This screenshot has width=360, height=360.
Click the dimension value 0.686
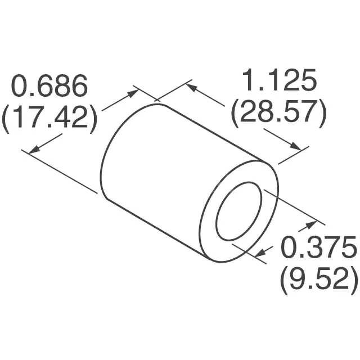(51, 87)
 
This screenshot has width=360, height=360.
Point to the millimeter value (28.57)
(278, 114)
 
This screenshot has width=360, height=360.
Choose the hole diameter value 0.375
(318, 247)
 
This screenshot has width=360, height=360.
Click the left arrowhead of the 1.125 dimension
(191, 88)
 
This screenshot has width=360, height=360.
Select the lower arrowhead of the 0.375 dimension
(260, 254)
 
